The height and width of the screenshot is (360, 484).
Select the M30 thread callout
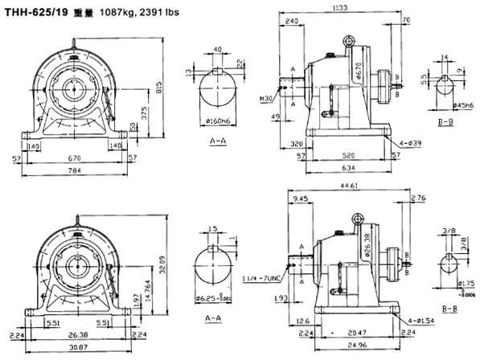[269, 98]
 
